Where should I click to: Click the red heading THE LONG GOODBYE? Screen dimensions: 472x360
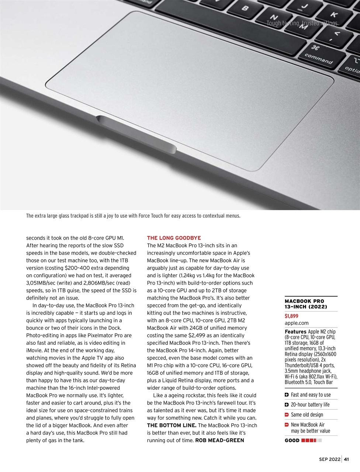coord(174,238)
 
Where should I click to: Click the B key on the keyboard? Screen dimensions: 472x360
coord(245,8)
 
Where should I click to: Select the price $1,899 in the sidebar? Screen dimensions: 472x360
coord(291,316)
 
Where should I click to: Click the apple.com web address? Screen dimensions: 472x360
coord(297,323)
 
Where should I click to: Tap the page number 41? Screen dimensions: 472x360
coord(346,459)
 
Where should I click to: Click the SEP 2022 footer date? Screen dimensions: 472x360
coord(330,459)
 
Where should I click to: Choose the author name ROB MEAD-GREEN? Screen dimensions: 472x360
coord(219,440)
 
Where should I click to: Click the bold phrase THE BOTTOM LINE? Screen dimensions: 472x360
coord(172,425)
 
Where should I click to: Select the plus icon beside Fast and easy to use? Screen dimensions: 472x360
coord(287,395)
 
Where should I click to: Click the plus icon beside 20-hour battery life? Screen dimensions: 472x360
coord(287,405)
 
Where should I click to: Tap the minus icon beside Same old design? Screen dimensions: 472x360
coord(287,415)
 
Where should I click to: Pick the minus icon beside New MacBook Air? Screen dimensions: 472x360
coord(287,425)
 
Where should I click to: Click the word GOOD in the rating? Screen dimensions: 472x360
coord(292,440)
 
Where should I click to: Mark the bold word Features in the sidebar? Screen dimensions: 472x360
coord(295,332)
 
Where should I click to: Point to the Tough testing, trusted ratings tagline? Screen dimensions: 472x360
coord(302,23)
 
